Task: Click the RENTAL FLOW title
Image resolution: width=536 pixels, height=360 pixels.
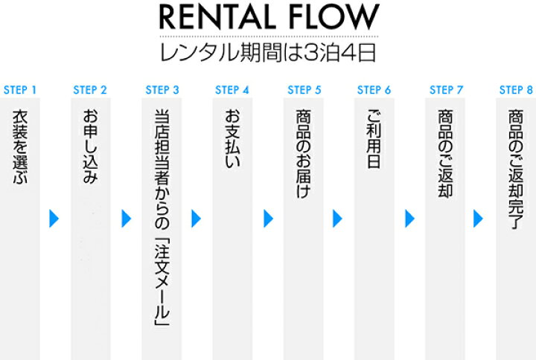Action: (x=269, y=17)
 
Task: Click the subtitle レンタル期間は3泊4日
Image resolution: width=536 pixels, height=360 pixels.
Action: (x=268, y=52)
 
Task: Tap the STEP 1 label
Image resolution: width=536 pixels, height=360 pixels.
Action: (x=20, y=90)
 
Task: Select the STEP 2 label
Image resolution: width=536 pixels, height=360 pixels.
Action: (x=90, y=90)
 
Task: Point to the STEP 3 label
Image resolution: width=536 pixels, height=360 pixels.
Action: (x=162, y=90)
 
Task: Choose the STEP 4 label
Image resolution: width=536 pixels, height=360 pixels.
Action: (x=232, y=90)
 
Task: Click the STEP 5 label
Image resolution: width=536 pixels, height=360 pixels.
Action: (x=304, y=90)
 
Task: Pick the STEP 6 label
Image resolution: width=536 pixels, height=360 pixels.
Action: (x=374, y=90)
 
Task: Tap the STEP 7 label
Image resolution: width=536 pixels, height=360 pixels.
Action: (x=447, y=90)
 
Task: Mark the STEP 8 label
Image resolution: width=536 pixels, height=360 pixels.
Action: (x=516, y=90)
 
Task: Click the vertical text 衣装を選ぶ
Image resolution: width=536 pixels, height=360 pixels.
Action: (x=20, y=147)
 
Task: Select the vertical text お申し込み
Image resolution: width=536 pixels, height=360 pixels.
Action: (x=91, y=147)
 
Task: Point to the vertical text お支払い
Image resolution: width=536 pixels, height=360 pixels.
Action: (x=232, y=138)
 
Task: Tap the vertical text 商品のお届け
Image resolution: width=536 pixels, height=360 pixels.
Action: (x=304, y=153)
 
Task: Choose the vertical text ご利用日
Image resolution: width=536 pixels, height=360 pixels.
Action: (x=374, y=138)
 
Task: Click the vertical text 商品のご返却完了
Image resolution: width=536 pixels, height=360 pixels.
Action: (x=516, y=169)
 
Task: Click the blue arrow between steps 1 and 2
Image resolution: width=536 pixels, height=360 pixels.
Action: (x=54, y=218)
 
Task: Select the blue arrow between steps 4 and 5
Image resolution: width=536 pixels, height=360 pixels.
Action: (x=268, y=218)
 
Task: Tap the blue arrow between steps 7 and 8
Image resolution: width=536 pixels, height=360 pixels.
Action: (x=478, y=218)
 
